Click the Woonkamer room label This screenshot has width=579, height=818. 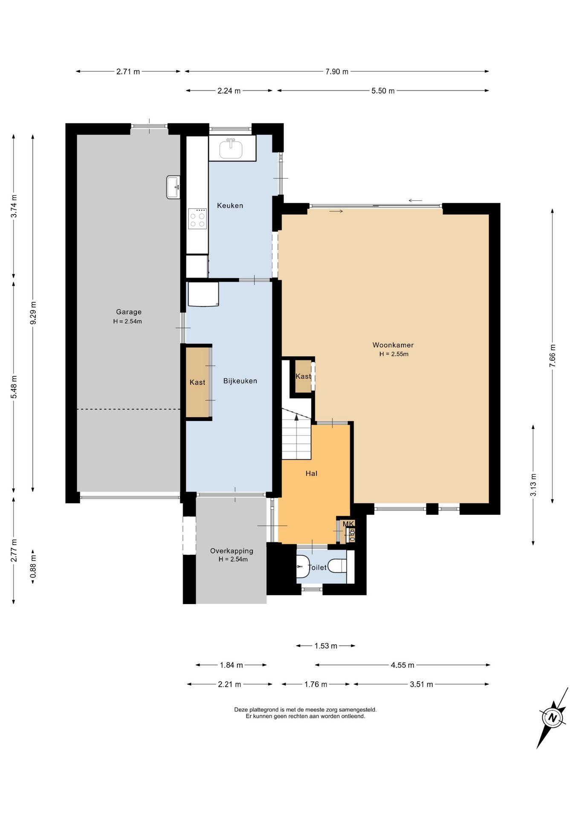(393, 345)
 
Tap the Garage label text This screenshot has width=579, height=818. (129, 312)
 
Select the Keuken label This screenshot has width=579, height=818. (230, 205)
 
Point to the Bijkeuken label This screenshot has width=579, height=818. (240, 381)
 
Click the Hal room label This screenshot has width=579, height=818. (311, 473)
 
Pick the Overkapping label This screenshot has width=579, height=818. (232, 551)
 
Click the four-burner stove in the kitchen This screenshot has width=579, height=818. (197, 219)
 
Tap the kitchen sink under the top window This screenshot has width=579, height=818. (231, 148)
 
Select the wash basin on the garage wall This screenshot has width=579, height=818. (173, 187)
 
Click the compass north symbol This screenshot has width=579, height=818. (553, 717)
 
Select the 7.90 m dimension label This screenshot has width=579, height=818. (337, 72)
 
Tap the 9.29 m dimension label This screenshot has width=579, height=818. (33, 313)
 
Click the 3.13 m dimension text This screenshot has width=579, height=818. (533, 485)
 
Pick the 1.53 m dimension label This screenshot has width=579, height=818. (326, 646)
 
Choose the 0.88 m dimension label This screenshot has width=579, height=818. (33, 567)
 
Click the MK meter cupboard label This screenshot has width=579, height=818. (348, 524)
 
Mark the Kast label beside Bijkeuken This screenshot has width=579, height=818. (197, 382)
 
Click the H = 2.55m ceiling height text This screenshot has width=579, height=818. (394, 354)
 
